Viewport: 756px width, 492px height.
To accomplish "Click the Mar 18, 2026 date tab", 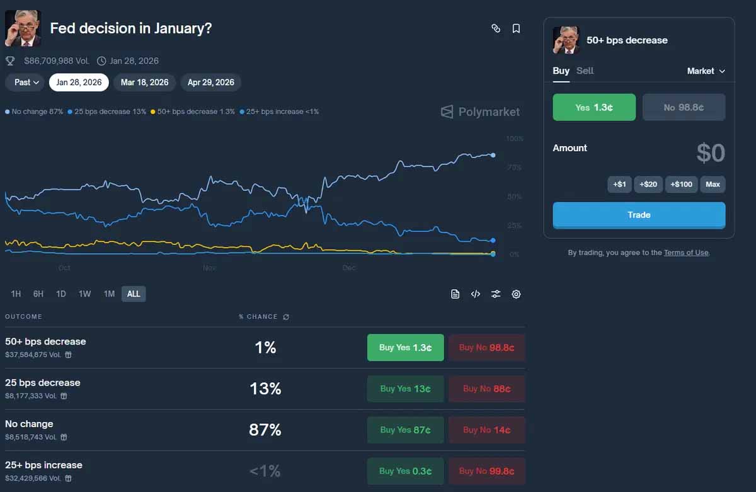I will pyautogui.click(x=144, y=83).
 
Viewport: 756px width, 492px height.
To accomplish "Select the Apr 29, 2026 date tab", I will pyautogui.click(x=210, y=83).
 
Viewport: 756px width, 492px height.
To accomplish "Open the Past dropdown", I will pyautogui.click(x=26, y=83).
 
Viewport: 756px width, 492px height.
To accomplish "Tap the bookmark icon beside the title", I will pyautogui.click(x=516, y=28).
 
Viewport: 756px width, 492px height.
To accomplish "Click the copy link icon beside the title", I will pyautogui.click(x=496, y=28).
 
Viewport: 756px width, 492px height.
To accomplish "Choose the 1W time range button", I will pyautogui.click(x=84, y=294).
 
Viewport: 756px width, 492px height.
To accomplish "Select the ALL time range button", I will pyautogui.click(x=134, y=294).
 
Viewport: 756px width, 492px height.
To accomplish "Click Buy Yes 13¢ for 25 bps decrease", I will pyautogui.click(x=405, y=389).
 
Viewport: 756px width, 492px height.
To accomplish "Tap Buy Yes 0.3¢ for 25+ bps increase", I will pyautogui.click(x=405, y=471).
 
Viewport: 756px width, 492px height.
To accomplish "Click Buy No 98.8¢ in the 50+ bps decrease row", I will pyautogui.click(x=486, y=348).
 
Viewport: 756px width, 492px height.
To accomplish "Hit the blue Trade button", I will pyautogui.click(x=639, y=215).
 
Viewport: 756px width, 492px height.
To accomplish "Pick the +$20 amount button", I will pyautogui.click(x=648, y=185).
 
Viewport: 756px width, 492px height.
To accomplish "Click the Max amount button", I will pyautogui.click(x=713, y=185).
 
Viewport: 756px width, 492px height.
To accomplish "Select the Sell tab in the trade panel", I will pyautogui.click(x=585, y=71).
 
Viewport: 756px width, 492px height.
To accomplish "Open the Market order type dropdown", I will pyautogui.click(x=706, y=71).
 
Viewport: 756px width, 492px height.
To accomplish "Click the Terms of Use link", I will pyautogui.click(x=686, y=253).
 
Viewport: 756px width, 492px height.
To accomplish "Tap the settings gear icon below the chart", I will pyautogui.click(x=516, y=294).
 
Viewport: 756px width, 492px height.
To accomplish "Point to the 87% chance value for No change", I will pyautogui.click(x=265, y=430).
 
